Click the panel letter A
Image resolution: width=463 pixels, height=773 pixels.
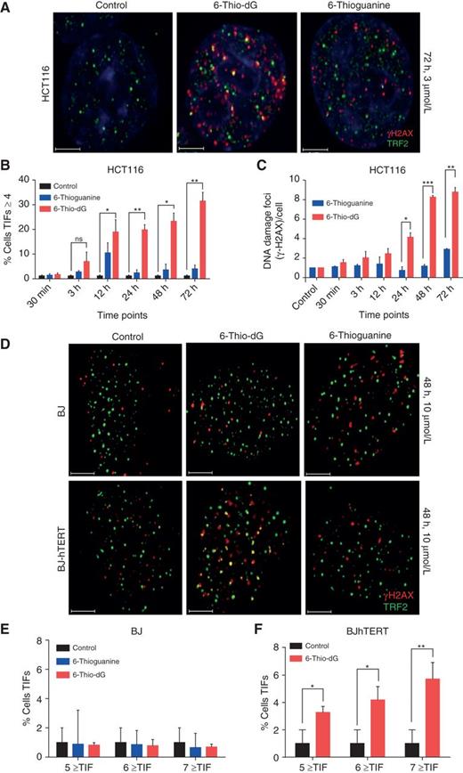click(x=7, y=7)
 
